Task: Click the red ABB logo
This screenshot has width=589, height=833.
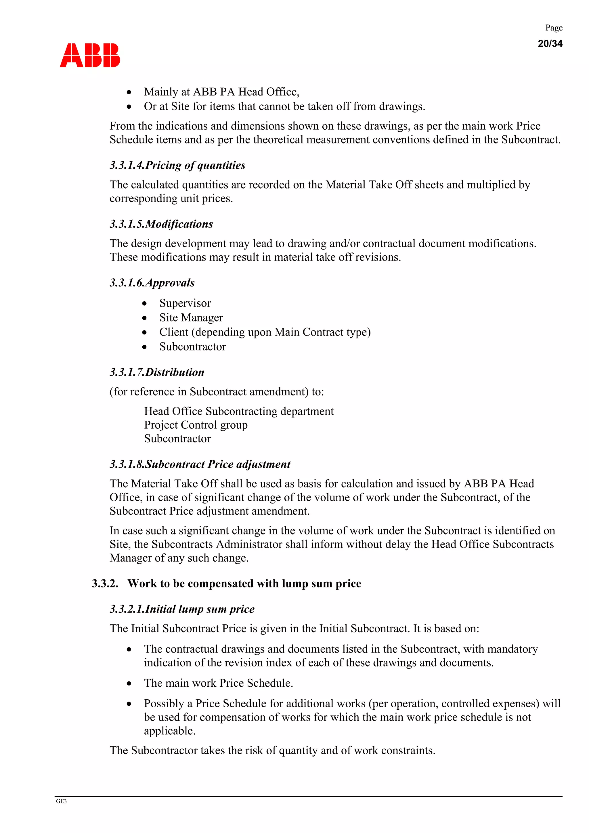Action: tap(90, 55)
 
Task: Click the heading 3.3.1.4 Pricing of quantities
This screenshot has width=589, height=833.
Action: tap(177, 165)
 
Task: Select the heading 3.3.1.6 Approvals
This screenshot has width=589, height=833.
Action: tap(152, 283)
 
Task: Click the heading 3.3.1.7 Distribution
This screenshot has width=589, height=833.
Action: tap(157, 372)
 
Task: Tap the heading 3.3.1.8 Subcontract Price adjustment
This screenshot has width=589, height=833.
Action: tap(200, 464)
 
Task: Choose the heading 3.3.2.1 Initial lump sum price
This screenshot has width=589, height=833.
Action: tap(182, 609)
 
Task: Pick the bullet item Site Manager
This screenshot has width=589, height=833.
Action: tap(191, 318)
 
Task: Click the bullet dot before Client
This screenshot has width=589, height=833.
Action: tap(144, 332)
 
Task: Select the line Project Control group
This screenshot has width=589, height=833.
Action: tap(196, 425)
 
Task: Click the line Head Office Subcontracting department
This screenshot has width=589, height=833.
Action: tap(238, 411)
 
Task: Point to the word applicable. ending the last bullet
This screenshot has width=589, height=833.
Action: tap(169, 731)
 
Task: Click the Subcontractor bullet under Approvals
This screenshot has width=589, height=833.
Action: tap(192, 347)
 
